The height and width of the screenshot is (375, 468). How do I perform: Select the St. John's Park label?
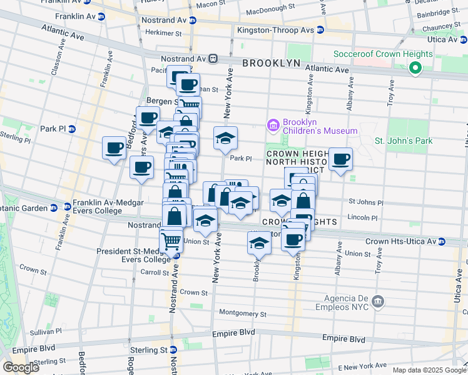point(404,141)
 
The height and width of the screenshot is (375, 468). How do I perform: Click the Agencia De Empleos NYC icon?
point(377,302)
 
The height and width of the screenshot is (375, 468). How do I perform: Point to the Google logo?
point(21,367)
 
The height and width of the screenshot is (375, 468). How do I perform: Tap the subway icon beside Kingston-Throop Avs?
point(320,30)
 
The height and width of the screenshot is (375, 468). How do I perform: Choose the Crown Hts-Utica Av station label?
point(400,241)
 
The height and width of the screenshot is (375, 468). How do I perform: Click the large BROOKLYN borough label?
point(272,64)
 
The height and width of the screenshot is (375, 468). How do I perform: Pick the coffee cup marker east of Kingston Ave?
point(341,159)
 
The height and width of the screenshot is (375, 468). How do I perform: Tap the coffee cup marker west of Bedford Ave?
point(114,148)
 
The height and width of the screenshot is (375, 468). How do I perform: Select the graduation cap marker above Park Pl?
point(226,138)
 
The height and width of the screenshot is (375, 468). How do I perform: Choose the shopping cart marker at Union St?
point(170,240)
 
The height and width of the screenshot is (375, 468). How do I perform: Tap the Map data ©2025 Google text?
point(429,370)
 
